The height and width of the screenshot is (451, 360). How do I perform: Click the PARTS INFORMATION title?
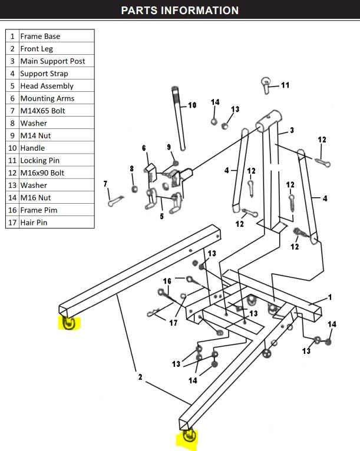pos(180,11)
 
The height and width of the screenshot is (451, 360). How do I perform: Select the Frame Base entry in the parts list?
pos(40,36)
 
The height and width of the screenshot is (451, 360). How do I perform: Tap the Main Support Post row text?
pos(52,61)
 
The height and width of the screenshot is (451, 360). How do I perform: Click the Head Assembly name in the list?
pos(47,86)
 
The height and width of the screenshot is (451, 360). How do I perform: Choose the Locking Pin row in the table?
pos(39,160)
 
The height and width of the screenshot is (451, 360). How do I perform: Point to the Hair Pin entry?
pos(34,223)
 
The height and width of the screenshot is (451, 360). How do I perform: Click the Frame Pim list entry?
pos(38,210)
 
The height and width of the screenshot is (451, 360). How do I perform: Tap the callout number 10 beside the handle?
pos(192,105)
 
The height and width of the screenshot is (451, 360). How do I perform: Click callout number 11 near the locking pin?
pos(285,85)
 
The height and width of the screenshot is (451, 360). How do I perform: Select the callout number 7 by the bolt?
pos(106,184)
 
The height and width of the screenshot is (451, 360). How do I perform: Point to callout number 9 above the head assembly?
pos(169,147)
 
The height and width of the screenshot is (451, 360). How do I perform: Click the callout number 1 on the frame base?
pos(329,297)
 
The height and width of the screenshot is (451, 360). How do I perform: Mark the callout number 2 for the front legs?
pos(140,377)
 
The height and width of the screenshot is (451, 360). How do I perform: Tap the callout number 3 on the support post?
pos(291,130)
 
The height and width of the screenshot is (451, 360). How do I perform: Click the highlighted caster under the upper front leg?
pos(68,323)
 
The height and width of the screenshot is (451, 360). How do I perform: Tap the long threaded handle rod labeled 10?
pos(179,118)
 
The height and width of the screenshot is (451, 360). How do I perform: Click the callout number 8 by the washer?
pos(131,169)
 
